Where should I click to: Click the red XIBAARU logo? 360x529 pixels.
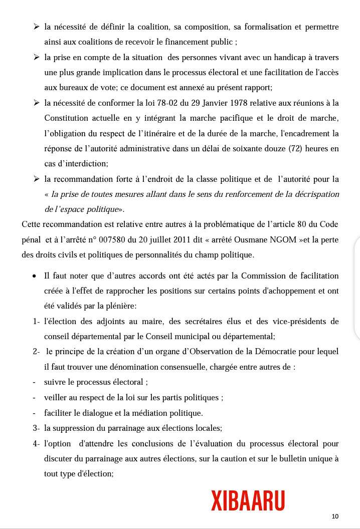point(248,501)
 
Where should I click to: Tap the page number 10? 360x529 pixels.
point(335,516)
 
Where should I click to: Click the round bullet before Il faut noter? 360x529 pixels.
point(34,276)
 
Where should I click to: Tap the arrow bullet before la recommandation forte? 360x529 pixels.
point(37,179)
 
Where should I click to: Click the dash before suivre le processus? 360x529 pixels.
point(34,382)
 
